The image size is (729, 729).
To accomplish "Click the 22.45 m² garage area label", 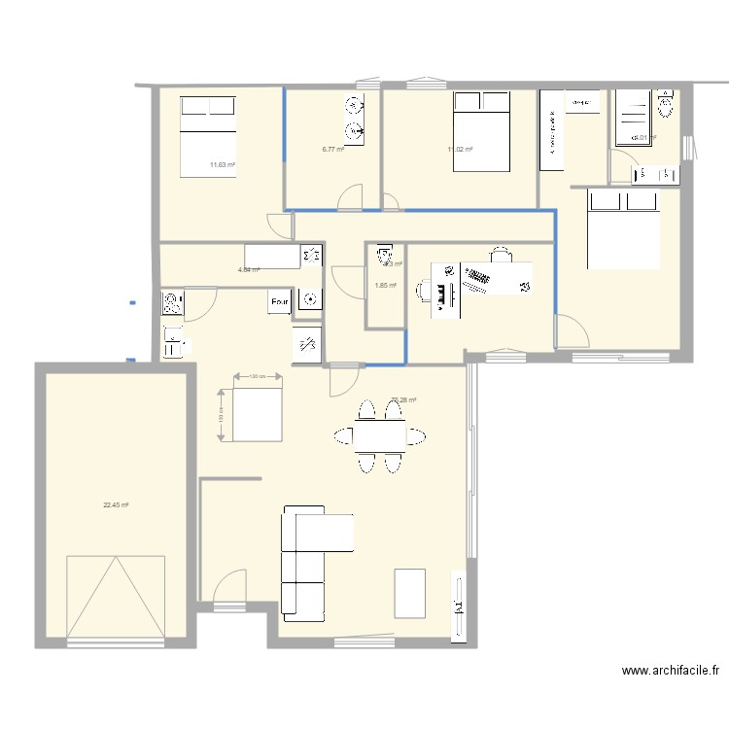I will point(117,504).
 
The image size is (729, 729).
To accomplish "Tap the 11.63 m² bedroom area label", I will point(223,164).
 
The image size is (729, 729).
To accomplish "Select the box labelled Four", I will point(280,302).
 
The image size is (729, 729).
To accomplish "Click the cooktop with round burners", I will point(173,302).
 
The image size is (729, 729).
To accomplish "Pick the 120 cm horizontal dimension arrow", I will point(257,376).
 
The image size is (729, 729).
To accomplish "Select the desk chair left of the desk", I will point(427,289).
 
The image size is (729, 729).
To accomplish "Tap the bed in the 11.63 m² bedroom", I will point(208,136).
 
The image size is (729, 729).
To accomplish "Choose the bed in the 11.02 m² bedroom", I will point(480,131).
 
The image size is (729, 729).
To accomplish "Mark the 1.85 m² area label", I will point(386,285).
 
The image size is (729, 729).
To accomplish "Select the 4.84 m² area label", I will point(249,269).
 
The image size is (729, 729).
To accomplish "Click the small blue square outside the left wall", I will point(131,303).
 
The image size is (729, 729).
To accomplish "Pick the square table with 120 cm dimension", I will point(257,414).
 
